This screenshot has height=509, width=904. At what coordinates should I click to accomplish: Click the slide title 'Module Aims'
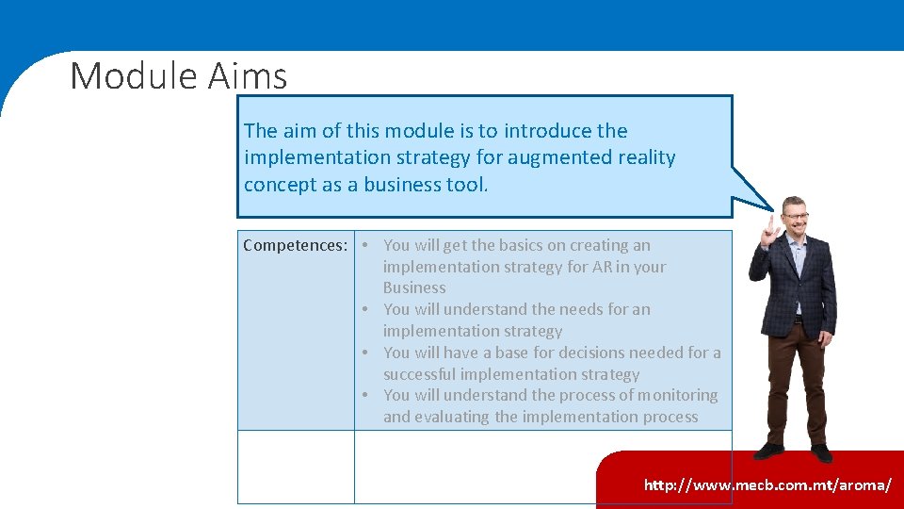point(178,75)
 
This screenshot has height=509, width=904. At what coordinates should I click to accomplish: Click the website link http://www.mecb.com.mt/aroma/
point(767,485)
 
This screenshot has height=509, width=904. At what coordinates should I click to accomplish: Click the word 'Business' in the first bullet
point(414,288)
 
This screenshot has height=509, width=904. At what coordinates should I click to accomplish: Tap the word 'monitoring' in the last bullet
point(675,396)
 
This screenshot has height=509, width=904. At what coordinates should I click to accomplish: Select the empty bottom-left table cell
point(296,467)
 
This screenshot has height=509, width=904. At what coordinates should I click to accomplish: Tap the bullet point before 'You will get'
point(363,246)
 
